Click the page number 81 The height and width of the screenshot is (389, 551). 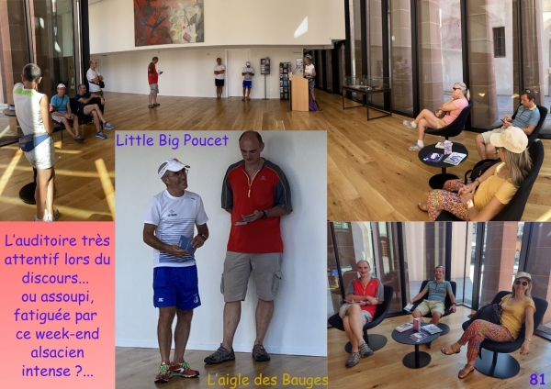coord(537,379)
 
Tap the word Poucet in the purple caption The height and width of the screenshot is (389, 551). coord(206,140)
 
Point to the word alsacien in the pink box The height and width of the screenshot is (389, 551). coord(57,352)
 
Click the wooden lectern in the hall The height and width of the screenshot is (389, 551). coord(299,93)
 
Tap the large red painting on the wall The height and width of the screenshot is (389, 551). coord(169,22)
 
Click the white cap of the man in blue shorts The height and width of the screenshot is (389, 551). coord(173,166)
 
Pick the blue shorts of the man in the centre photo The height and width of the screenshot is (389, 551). coord(176,287)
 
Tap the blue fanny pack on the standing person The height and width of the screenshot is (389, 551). coord(31,140)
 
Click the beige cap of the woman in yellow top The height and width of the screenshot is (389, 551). coord(510,139)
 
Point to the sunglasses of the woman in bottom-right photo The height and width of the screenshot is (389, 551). coord(521,283)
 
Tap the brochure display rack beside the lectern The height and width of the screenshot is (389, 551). coord(285,81)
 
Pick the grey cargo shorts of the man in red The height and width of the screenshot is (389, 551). coord(252,276)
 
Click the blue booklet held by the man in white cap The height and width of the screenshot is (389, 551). coord(186,244)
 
